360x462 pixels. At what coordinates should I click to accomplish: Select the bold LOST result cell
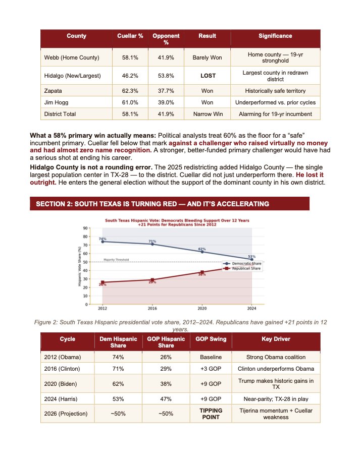[208, 76]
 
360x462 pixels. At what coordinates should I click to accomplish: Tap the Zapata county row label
[53, 91]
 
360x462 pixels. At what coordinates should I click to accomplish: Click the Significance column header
[275, 36]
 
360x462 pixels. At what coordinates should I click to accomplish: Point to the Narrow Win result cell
[208, 114]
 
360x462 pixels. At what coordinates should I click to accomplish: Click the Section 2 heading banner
[170, 204]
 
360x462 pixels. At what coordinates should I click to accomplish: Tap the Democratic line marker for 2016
[152, 244]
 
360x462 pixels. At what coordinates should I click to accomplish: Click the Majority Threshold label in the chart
[116, 260]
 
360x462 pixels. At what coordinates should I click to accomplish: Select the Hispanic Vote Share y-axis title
[79, 266]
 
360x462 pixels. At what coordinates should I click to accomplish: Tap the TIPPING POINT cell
[207, 414]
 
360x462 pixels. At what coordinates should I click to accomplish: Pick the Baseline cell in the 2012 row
[207, 357]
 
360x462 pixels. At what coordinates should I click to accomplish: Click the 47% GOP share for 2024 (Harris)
[166, 398]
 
